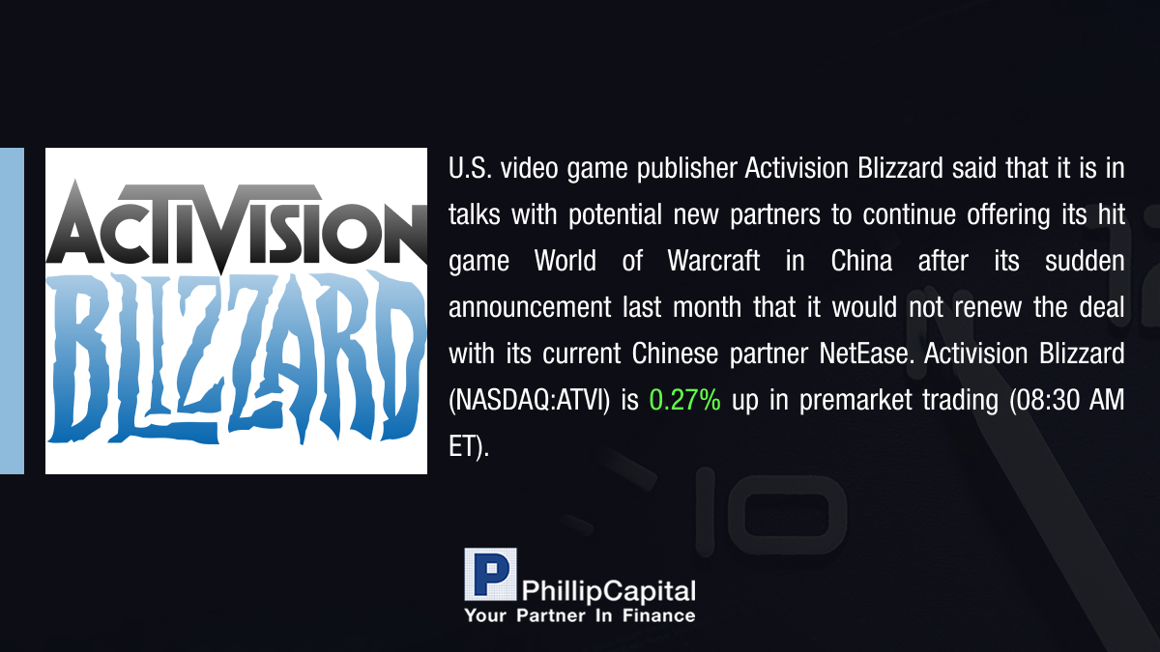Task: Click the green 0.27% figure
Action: pos(684,400)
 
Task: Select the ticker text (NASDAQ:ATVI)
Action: pos(530,401)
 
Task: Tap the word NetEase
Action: pos(864,354)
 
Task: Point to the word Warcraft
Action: pos(713,261)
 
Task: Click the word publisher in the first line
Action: pos(687,169)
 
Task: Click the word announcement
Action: pos(530,307)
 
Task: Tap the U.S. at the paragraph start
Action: pos(470,168)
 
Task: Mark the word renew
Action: pos(988,307)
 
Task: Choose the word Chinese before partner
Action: pos(675,354)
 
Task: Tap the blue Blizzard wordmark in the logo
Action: pos(236,358)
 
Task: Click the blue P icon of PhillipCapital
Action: pos(490,574)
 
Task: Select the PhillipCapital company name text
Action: pos(608,591)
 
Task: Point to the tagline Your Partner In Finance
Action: pos(579,616)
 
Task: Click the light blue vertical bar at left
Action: pos(12,310)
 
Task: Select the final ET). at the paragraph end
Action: pos(469,446)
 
